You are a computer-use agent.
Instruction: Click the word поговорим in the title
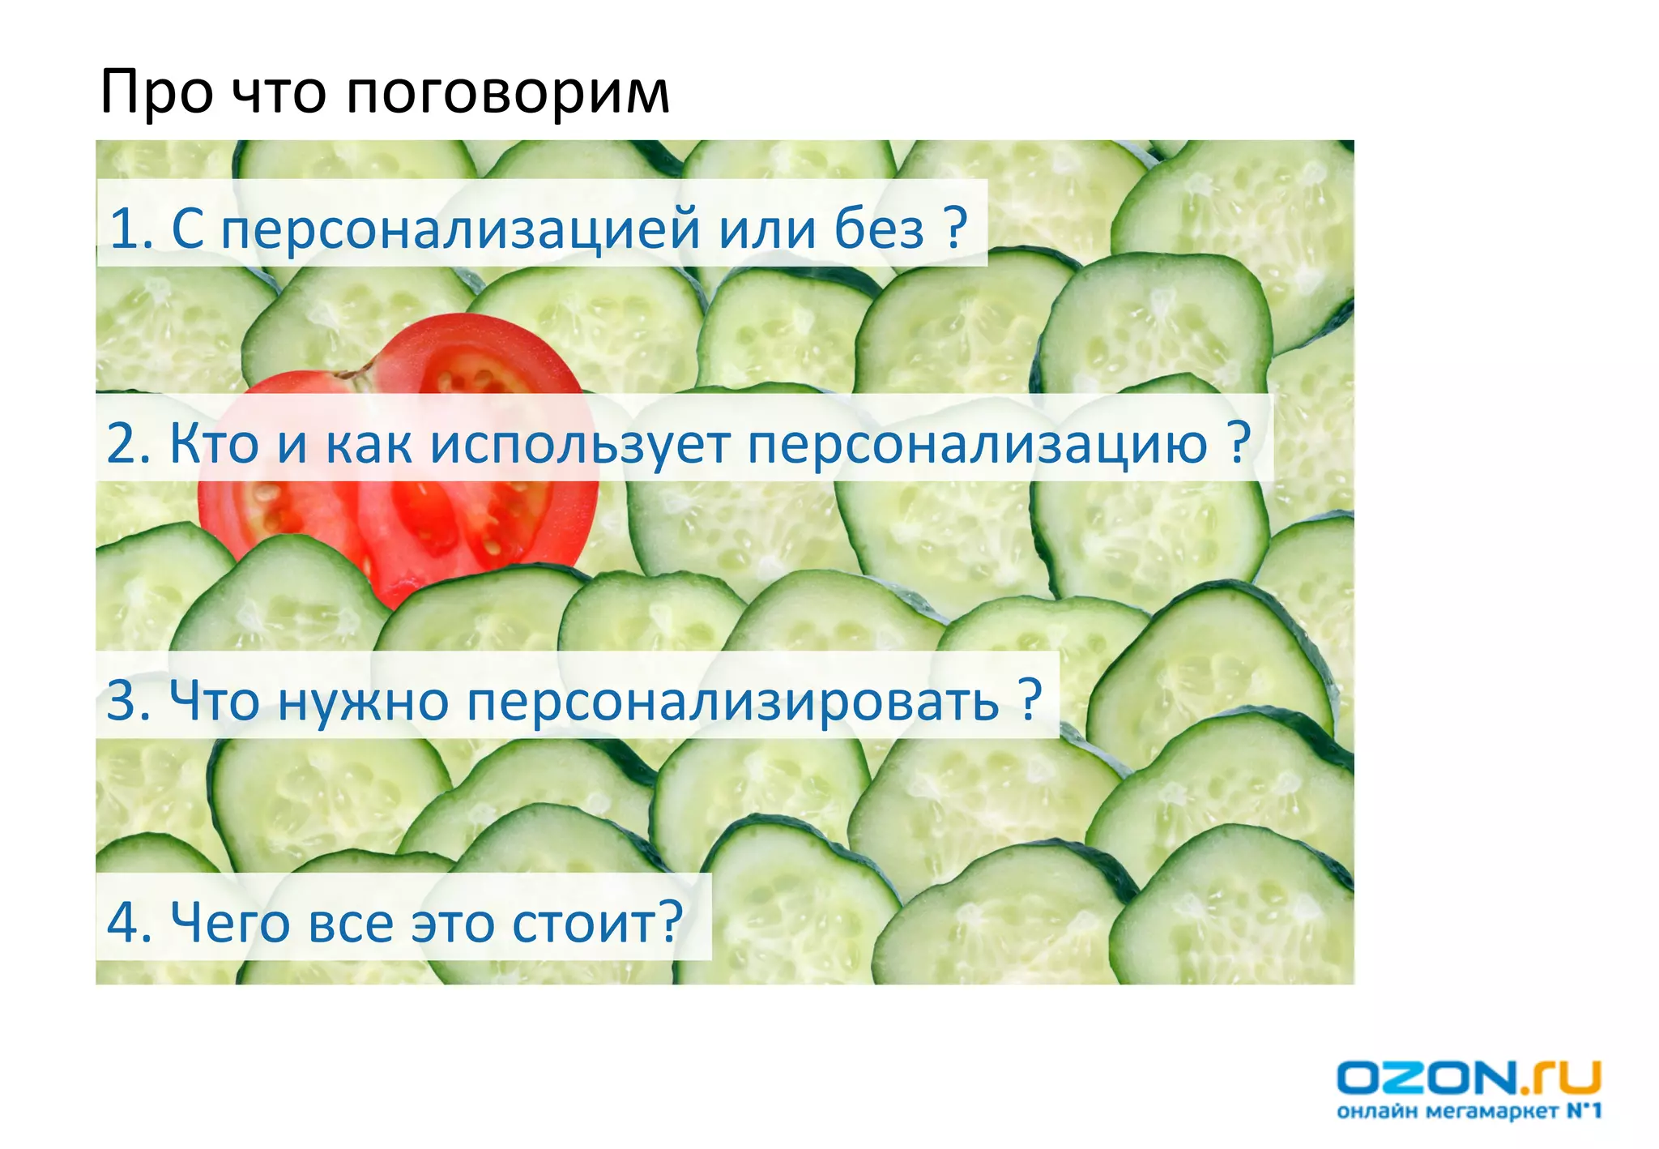point(508,93)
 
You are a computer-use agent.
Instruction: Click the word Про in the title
point(156,93)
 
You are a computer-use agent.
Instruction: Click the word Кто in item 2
point(215,443)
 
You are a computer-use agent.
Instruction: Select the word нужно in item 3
point(363,700)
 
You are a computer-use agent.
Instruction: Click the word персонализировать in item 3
point(732,702)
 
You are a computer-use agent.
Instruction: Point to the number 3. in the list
point(128,700)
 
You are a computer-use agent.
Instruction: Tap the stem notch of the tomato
point(357,374)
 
